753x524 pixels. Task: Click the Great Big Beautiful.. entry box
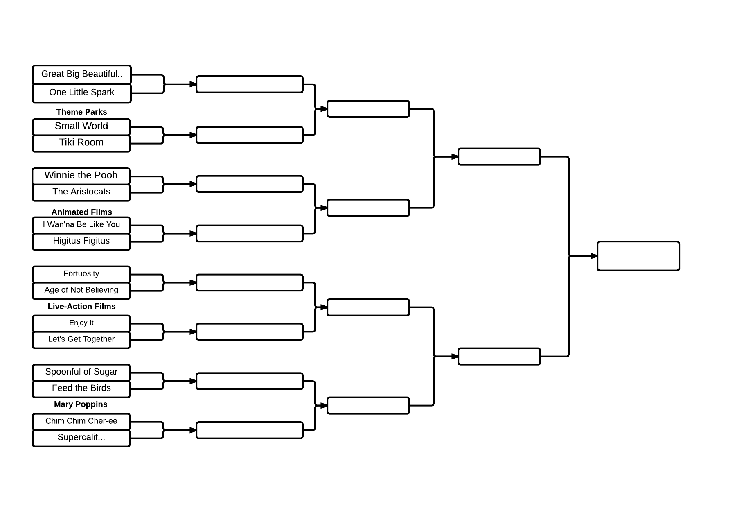click(x=82, y=75)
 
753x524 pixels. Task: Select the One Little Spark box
click(x=82, y=93)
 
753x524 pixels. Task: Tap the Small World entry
click(x=81, y=126)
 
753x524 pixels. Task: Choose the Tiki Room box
click(x=81, y=143)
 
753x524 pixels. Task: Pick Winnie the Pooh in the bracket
click(x=81, y=176)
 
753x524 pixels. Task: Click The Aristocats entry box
click(x=81, y=192)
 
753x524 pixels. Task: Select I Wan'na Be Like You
click(x=81, y=225)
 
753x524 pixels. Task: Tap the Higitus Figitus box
click(x=81, y=241)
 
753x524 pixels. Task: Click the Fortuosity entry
click(x=81, y=274)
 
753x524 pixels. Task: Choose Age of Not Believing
click(x=81, y=290)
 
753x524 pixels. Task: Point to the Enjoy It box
click(x=81, y=323)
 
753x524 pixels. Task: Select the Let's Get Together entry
click(x=81, y=339)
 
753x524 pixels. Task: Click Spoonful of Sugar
click(x=81, y=372)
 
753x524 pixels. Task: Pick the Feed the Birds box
click(x=81, y=388)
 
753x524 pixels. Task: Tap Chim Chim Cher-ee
click(x=81, y=421)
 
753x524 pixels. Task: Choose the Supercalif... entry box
click(x=81, y=438)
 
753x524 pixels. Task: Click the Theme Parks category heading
click(x=82, y=112)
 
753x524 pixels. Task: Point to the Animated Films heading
click(x=82, y=212)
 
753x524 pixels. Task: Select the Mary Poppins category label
click(x=81, y=404)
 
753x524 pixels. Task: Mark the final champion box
click(x=638, y=256)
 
